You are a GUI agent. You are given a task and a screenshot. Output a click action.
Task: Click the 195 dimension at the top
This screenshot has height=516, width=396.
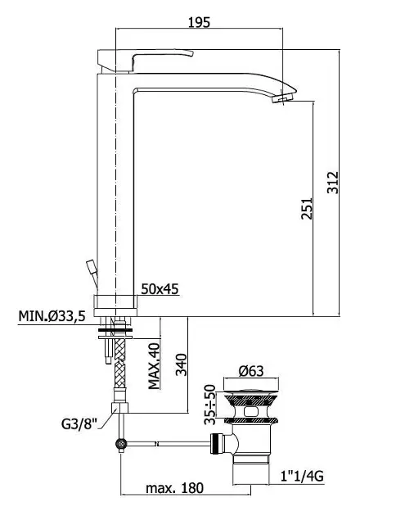[199, 22]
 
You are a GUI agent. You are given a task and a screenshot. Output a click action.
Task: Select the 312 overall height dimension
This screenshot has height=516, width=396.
[333, 183]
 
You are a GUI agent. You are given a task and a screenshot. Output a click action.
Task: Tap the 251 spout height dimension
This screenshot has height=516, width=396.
[307, 208]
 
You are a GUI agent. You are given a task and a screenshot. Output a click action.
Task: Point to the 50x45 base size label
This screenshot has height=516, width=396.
[160, 289]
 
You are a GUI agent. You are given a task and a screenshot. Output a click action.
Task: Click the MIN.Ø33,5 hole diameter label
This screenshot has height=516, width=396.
[52, 316]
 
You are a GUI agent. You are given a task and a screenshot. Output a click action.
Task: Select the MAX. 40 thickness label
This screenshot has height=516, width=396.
[154, 366]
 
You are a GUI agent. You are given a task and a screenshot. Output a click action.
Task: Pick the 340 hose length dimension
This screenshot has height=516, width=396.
[181, 364]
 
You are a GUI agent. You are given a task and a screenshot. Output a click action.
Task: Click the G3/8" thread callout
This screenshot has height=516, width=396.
[79, 423]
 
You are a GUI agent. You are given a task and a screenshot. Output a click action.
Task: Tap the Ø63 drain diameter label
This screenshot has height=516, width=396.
[251, 371]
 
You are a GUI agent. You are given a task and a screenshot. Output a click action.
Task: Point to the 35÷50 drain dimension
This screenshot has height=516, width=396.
[209, 405]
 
